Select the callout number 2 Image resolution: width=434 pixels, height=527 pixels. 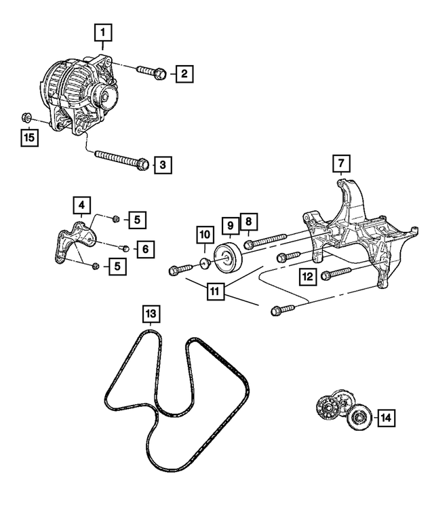coord(183,73)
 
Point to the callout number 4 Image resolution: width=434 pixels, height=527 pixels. coord(81,203)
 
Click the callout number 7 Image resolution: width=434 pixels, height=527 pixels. coord(340,164)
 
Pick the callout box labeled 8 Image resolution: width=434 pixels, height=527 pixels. coord(248,222)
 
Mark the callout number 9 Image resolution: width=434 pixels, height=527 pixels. coord(229,225)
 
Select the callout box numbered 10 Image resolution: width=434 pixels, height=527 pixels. coord(205,235)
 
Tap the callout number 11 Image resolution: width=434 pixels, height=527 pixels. coord(214,292)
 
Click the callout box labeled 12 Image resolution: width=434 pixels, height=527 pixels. coord(307,275)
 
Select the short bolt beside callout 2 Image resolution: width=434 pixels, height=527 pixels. coord(150,71)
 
